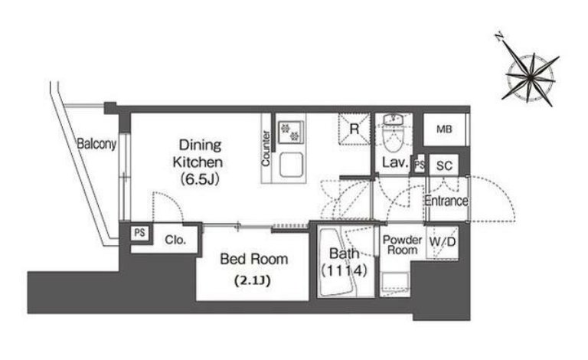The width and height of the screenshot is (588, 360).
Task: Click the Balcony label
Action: pyautogui.click(x=96, y=144)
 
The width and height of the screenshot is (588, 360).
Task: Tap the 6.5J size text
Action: pyautogui.click(x=200, y=180)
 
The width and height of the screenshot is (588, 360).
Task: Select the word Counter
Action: pyautogui.click(x=266, y=148)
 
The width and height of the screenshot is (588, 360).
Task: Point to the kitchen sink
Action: pyautogui.click(x=291, y=165)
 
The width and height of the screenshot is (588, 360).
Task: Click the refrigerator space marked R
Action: pyautogui.click(x=354, y=129)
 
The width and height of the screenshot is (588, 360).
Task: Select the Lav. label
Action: pyautogui.click(x=395, y=162)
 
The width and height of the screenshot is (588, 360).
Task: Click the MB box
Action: pyautogui.click(x=444, y=129)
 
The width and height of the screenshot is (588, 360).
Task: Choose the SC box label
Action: pyautogui.click(x=444, y=165)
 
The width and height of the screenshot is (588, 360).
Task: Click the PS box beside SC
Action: pyautogui.click(x=420, y=165)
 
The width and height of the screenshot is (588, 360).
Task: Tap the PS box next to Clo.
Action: pyautogui.click(x=139, y=233)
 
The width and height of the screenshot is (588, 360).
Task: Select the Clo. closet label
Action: pyautogui.click(x=175, y=240)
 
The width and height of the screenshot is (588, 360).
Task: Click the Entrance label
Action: pyautogui.click(x=446, y=201)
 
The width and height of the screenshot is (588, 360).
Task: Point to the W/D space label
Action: pyautogui.click(x=443, y=242)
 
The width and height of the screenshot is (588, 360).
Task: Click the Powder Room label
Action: pyautogui.click(x=403, y=245)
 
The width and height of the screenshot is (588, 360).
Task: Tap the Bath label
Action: pyautogui.click(x=344, y=254)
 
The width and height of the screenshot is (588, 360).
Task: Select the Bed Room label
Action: pyautogui.click(x=254, y=259)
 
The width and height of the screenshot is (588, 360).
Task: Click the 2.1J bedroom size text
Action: pyautogui.click(x=252, y=280)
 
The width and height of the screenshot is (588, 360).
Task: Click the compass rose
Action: pyautogui.click(x=531, y=77)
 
